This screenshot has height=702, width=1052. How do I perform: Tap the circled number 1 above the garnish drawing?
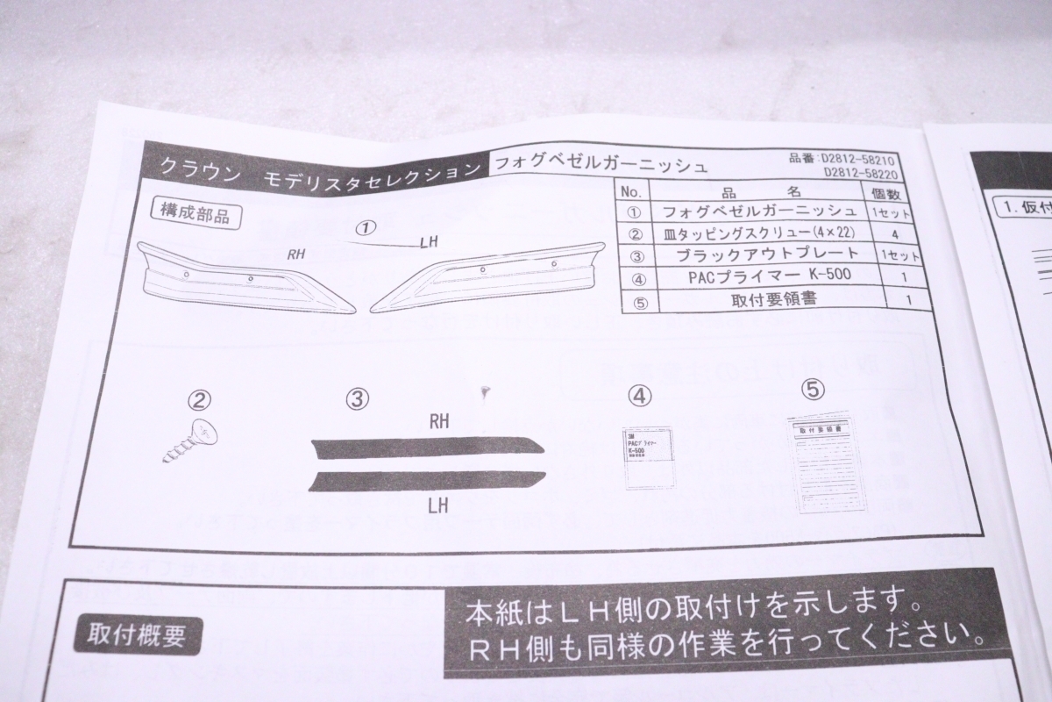point(365,227)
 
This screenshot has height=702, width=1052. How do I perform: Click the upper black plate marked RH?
point(430,446)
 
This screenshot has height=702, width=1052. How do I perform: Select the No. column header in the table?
point(632,191)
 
